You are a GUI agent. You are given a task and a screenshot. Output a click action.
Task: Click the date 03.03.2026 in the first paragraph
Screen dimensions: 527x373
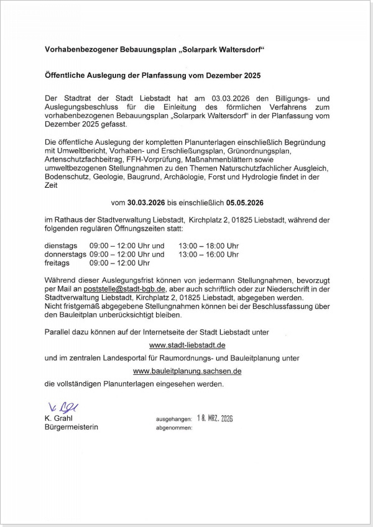231,99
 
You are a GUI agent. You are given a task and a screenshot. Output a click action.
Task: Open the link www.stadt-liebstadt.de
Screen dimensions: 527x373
187,345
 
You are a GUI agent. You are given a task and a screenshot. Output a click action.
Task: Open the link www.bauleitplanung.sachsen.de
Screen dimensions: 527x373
187,371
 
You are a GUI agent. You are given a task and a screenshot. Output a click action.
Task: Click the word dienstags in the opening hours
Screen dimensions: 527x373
62,245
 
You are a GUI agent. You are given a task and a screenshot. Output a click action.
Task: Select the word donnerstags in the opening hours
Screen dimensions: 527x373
65,254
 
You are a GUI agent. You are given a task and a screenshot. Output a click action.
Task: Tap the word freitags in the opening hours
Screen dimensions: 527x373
58,263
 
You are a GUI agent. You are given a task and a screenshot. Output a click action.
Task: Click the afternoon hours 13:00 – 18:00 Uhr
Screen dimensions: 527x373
208,245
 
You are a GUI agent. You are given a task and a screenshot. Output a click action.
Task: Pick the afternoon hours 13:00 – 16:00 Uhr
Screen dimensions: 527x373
208,254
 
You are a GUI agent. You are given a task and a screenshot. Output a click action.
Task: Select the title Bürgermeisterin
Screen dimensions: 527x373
71,428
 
